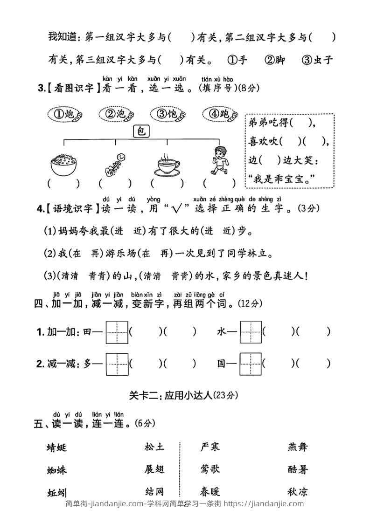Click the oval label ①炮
[66, 114]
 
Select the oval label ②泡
[117, 114]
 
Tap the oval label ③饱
[168, 114]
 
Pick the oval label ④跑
[220, 114]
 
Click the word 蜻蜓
[57, 447]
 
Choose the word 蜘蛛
[57, 470]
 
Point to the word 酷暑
[298, 469]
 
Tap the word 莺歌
[209, 469]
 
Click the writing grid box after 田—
[117, 332]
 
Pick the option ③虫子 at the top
[317, 60]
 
